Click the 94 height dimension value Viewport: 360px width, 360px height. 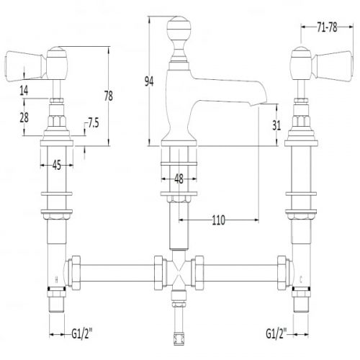click(149, 82)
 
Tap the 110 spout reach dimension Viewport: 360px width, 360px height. click(219, 220)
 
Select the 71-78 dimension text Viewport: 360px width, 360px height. click(327, 27)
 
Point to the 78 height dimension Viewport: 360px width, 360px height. click(109, 96)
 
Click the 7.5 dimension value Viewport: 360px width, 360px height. click(93, 124)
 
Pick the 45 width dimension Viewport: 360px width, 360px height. click(57, 166)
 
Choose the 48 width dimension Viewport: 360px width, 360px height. click(179, 179)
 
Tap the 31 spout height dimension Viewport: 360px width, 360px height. click(276, 125)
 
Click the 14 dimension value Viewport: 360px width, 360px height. click(24, 91)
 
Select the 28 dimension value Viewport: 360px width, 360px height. click(24, 117)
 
